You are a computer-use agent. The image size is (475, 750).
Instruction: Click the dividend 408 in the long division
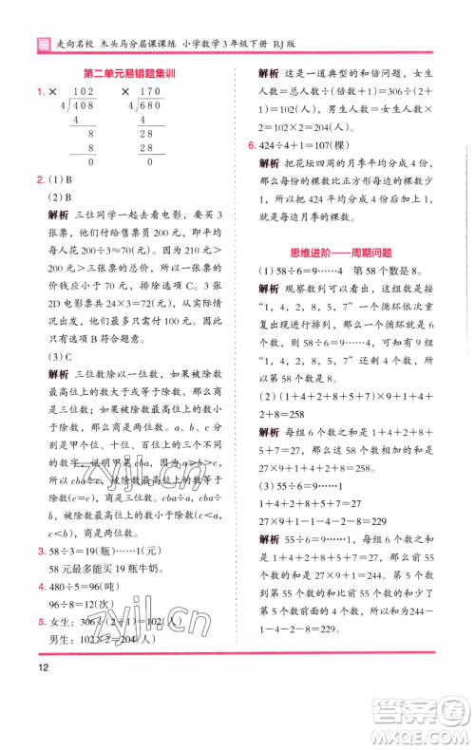point(85,107)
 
